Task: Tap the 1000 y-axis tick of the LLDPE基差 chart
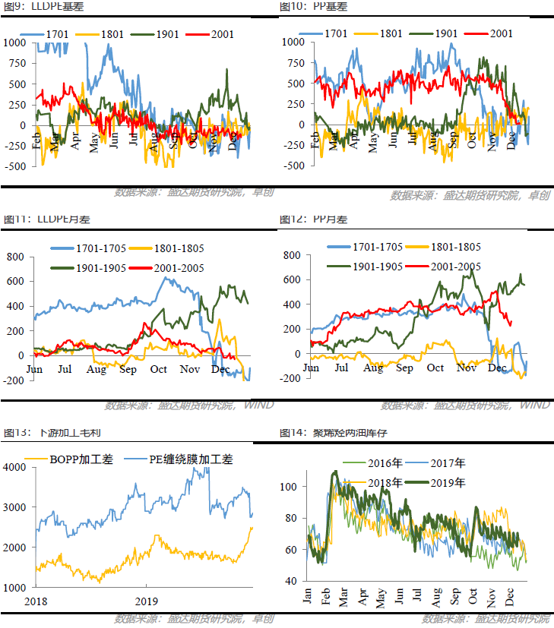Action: (x=14, y=43)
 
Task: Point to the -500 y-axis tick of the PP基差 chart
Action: (x=292, y=166)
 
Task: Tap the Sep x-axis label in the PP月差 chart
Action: (x=404, y=368)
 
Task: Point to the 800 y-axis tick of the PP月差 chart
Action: (x=292, y=255)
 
